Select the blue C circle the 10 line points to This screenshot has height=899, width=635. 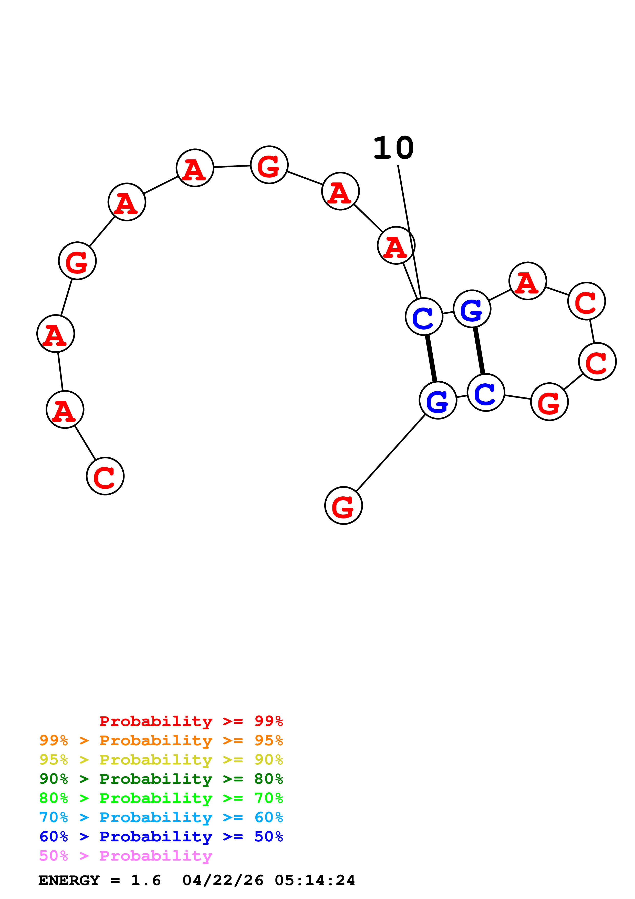click(x=424, y=316)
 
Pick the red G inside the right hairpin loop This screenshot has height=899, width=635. click(x=549, y=402)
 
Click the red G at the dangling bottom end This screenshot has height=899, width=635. click(x=343, y=505)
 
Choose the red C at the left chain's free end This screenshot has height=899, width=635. click(x=105, y=476)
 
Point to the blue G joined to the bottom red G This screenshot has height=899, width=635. click(x=438, y=400)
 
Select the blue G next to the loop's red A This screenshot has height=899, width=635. click(x=472, y=309)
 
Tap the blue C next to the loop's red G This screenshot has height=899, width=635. click(x=486, y=392)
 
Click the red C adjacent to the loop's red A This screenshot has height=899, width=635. click(x=586, y=301)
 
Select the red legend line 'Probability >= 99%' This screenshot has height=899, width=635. click(x=191, y=721)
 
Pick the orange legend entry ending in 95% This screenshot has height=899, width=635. click(x=161, y=740)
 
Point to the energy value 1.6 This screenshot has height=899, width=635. click(x=145, y=880)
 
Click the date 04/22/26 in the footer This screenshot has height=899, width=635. click(x=223, y=880)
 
